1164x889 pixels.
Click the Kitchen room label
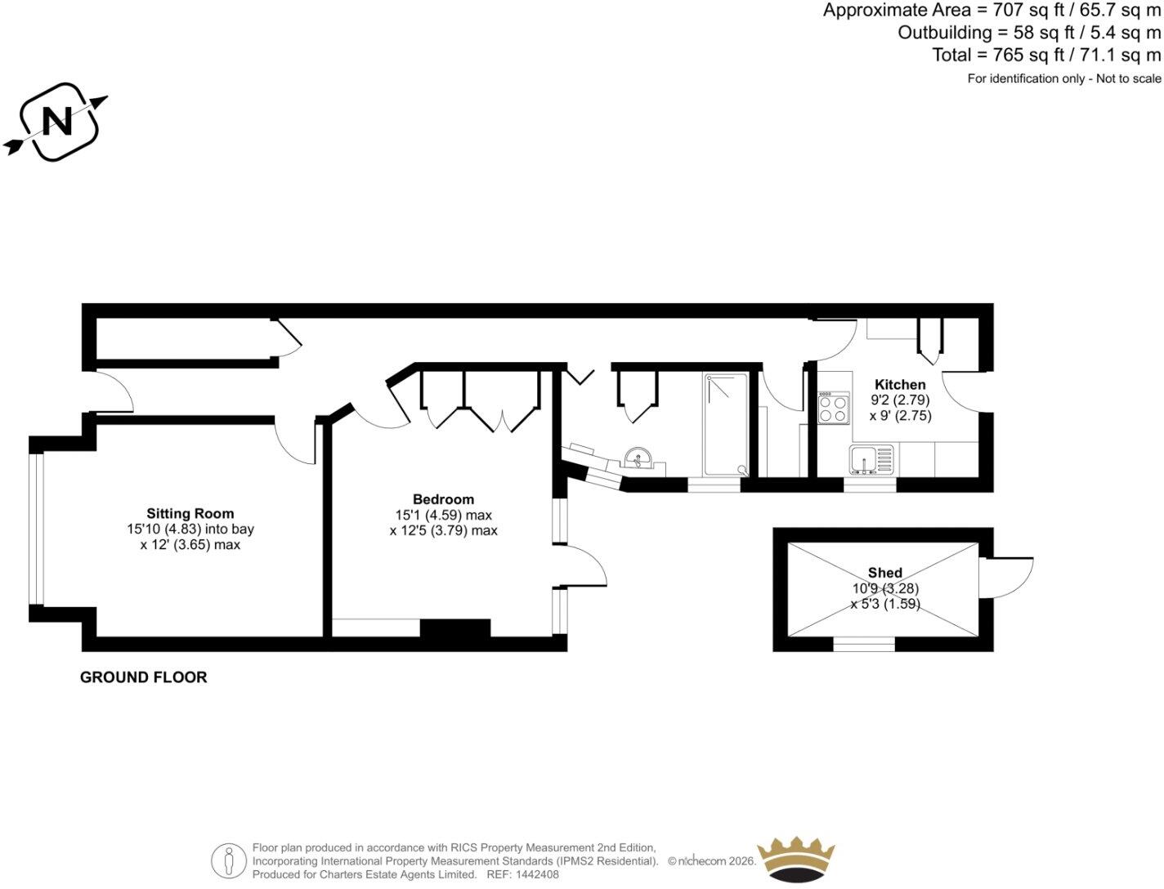(x=900, y=384)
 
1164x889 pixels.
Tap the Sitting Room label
(x=190, y=513)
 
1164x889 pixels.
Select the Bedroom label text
(x=443, y=498)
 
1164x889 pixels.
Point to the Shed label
(x=885, y=573)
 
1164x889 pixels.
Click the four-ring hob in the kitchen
(x=833, y=408)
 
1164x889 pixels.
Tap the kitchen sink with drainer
(x=871, y=459)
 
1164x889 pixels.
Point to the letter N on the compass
(x=57, y=122)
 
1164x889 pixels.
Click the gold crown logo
(x=796, y=861)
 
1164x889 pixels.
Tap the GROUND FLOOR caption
(x=143, y=677)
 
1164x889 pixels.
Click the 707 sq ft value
(x=1029, y=10)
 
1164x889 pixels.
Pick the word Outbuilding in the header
(x=945, y=33)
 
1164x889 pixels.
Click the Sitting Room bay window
(x=37, y=529)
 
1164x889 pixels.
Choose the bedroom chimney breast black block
(x=455, y=628)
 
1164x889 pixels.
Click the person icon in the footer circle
(x=229, y=861)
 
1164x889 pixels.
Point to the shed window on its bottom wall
(x=864, y=644)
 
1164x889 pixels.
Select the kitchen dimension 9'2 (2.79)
(x=900, y=400)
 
